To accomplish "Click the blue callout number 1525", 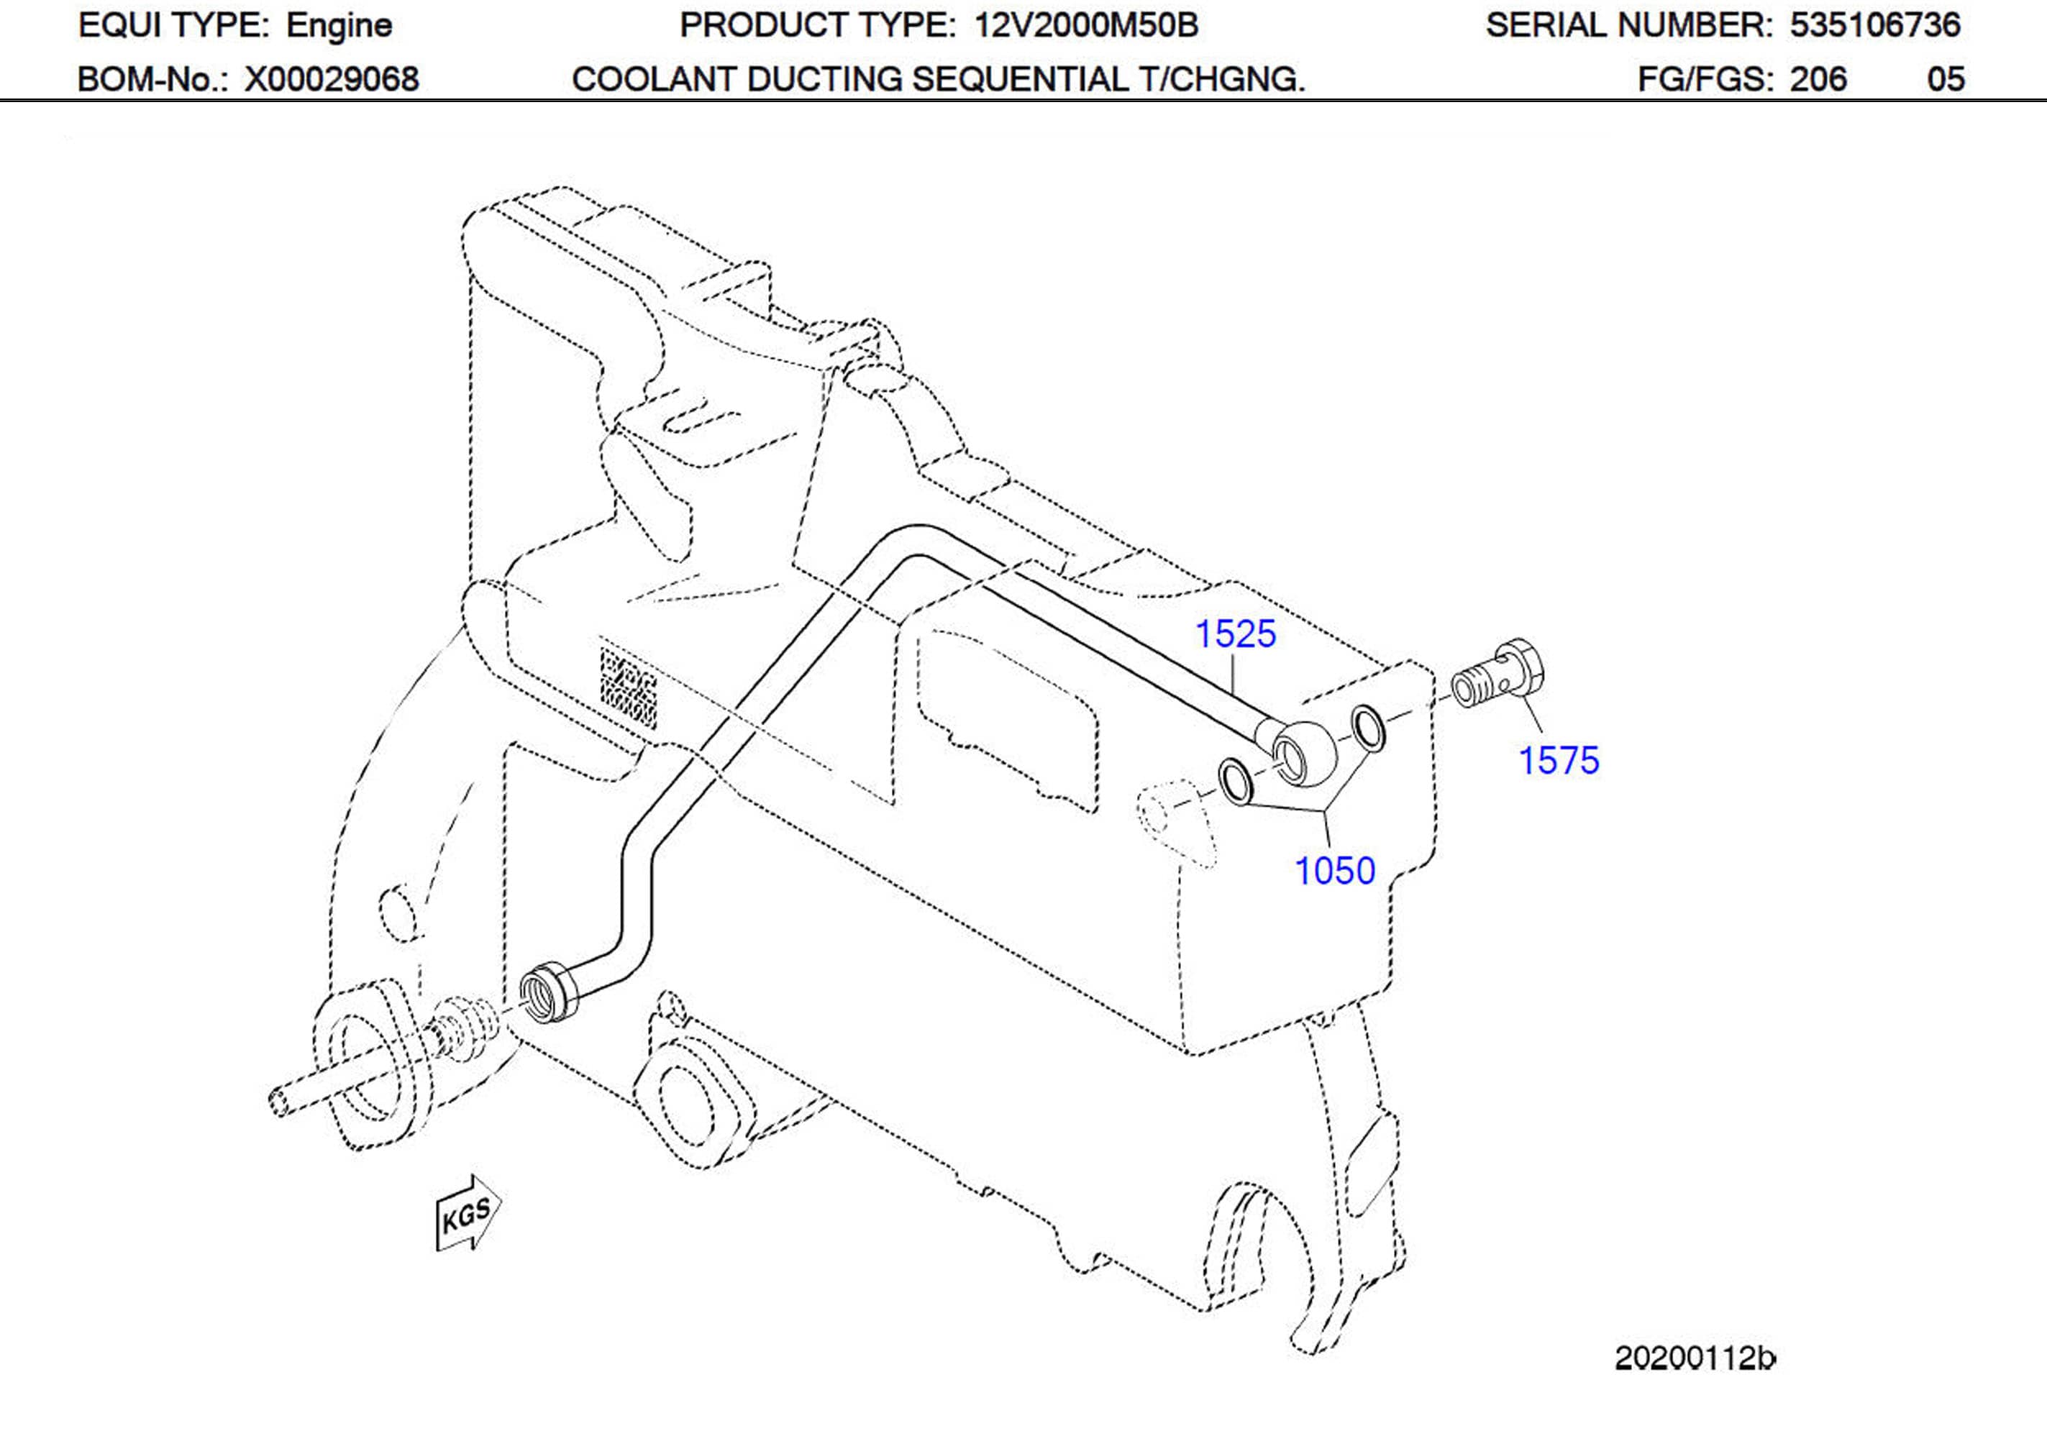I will [x=1235, y=634].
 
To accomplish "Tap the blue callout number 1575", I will [x=1559, y=761].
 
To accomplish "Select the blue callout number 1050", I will [x=1335, y=871].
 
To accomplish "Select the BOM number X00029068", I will [x=332, y=79].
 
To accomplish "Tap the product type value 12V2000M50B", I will [x=1086, y=26].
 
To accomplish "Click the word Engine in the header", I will [x=339, y=26].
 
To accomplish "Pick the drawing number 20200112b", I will [x=1694, y=1358].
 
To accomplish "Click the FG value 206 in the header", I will [x=1819, y=79].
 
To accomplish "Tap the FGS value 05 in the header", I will [x=1946, y=79].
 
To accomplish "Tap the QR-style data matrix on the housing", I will [x=629, y=687].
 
